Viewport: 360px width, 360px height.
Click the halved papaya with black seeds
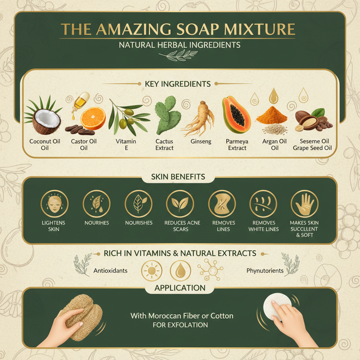pyautogui.click(x=236, y=113)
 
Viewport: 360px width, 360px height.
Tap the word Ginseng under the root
pyautogui.click(x=200, y=142)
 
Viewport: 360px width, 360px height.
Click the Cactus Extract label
pyautogui.click(x=164, y=145)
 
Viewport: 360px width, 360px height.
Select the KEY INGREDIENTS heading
pyautogui.click(x=180, y=84)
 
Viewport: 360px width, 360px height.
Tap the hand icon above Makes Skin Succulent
pyautogui.click(x=304, y=204)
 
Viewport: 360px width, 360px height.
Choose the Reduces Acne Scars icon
pyautogui.click(x=180, y=204)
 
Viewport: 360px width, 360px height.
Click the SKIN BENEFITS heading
pyautogui.click(x=180, y=177)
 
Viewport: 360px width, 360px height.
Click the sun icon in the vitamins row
pyautogui.click(x=151, y=271)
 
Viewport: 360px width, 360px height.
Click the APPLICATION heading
pyautogui.click(x=180, y=289)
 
